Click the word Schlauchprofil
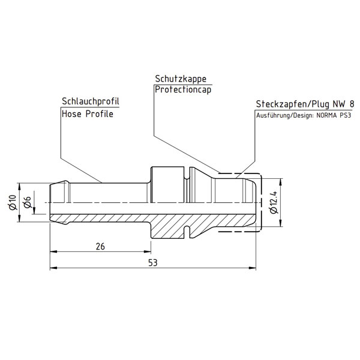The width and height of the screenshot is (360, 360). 88,101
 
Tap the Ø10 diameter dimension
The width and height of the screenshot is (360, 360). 11,203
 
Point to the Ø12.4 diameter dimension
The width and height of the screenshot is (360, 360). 274,203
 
